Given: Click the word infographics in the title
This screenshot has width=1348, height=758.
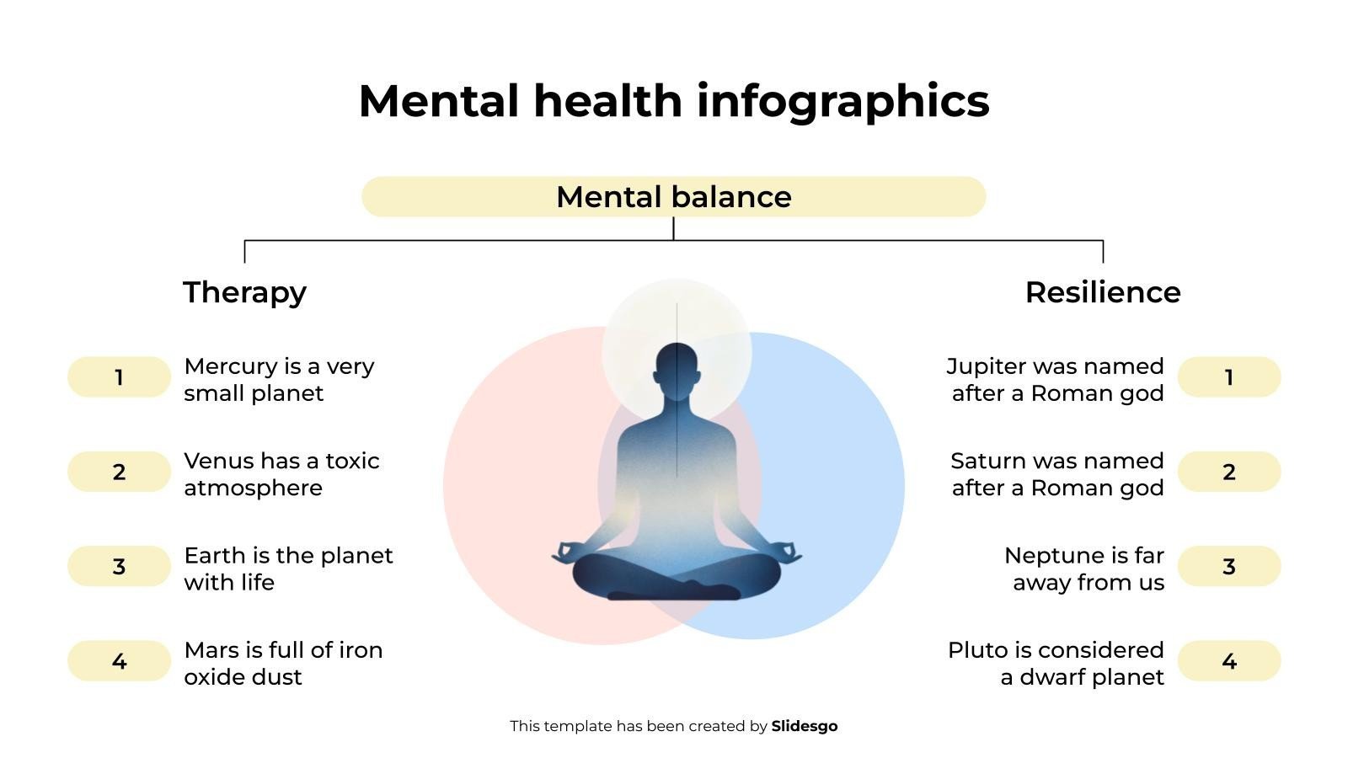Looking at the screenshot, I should point(842,101).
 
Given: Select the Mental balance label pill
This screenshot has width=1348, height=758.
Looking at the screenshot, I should point(673,197).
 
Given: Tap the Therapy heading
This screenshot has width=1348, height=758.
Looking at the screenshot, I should point(244,292).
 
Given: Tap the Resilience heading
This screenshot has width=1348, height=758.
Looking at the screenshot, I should point(1102,292).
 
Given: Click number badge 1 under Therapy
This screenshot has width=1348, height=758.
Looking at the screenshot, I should point(119,377).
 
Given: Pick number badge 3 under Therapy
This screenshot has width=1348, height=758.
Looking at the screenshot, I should point(119,566).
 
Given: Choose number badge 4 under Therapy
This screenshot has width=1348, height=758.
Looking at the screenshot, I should point(119,661).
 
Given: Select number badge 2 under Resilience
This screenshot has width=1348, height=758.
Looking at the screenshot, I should point(1228,472).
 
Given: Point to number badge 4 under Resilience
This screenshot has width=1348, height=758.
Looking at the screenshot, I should point(1228,661).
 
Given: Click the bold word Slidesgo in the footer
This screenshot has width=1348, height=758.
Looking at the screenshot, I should point(804,726).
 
